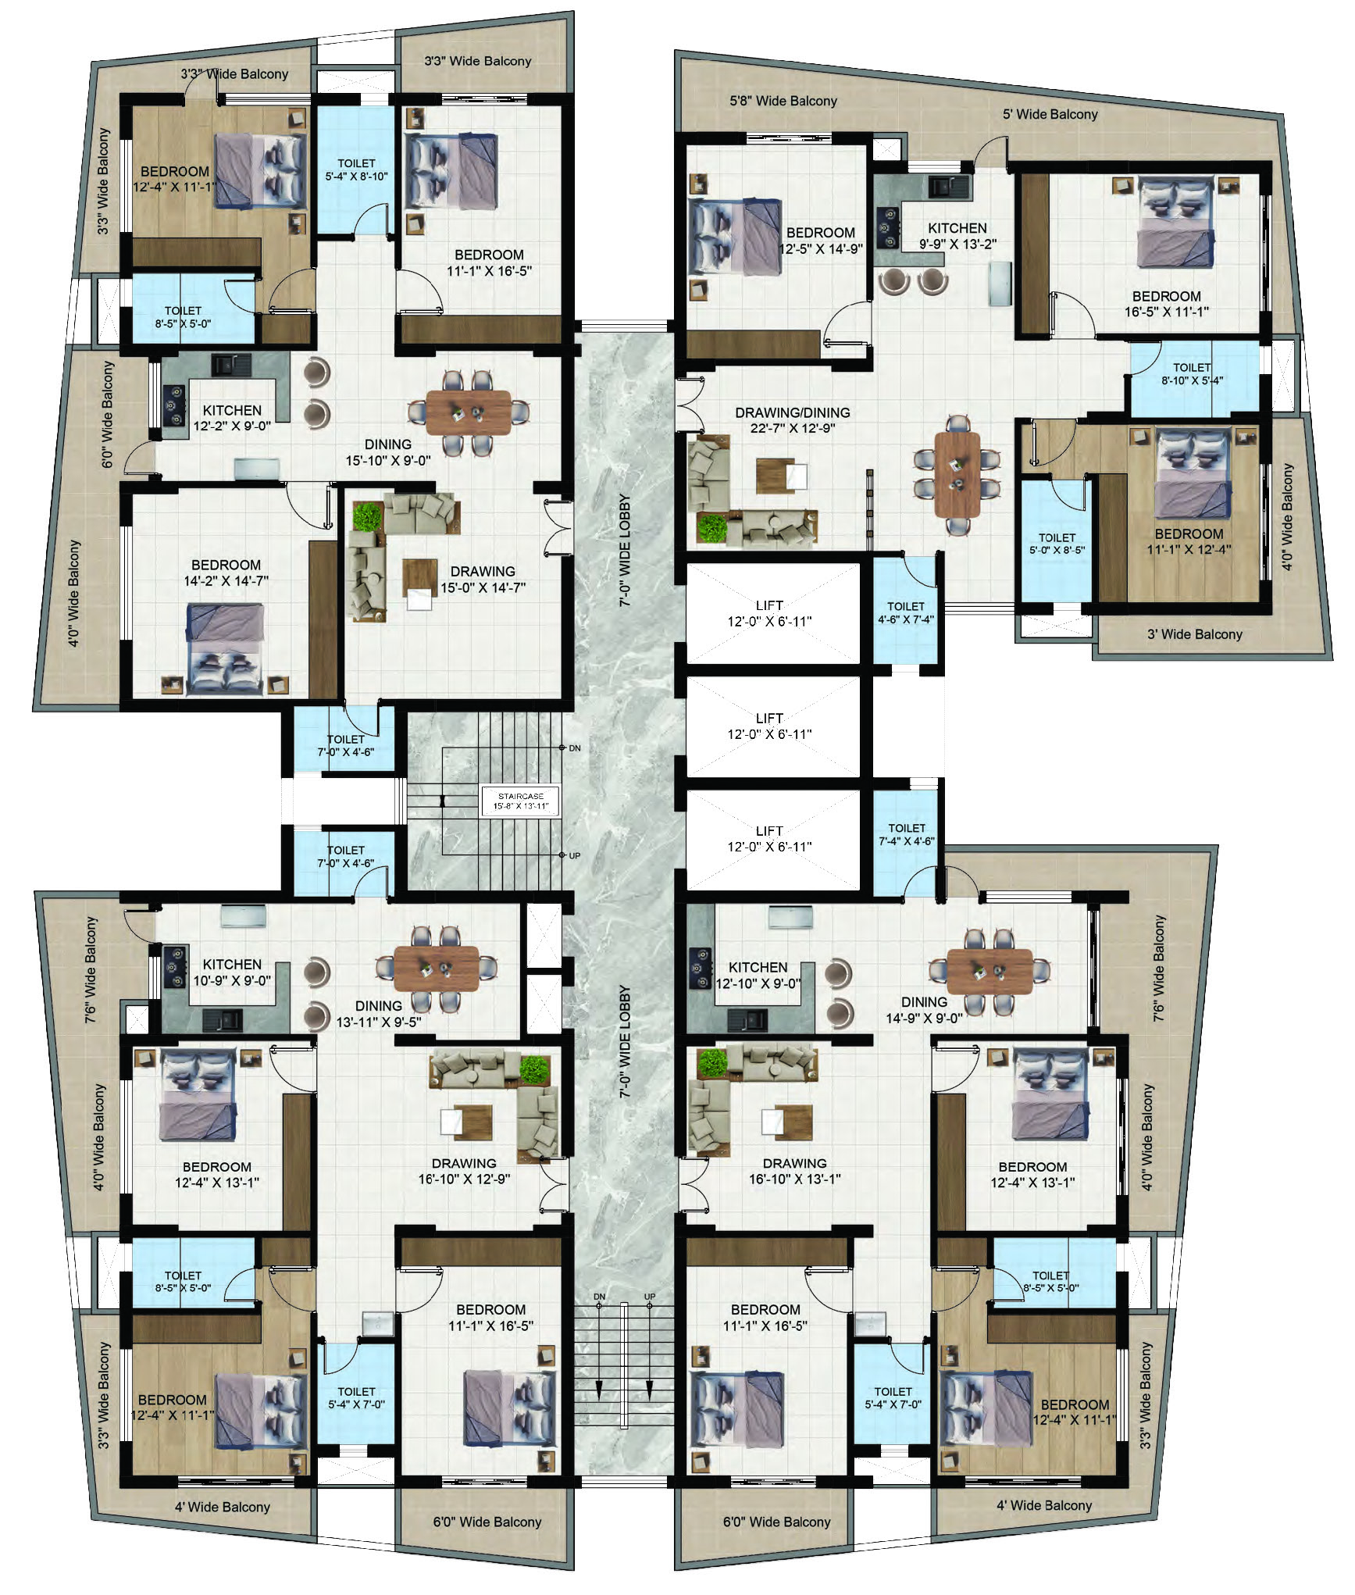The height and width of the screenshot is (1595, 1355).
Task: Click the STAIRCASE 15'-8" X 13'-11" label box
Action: point(521,801)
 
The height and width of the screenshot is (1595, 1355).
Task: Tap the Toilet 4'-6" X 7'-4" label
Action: point(906,613)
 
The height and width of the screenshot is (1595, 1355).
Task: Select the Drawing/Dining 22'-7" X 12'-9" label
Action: point(793,420)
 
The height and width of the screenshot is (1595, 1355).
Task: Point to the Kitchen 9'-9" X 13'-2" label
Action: point(957,235)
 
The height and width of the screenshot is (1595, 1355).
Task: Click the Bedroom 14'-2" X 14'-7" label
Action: point(226,573)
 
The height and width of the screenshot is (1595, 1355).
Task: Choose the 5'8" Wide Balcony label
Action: point(783,101)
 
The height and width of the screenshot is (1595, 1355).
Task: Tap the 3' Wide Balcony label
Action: point(1195,634)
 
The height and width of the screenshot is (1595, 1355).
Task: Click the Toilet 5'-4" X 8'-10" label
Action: point(356,170)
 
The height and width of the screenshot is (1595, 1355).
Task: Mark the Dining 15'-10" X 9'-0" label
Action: point(388,452)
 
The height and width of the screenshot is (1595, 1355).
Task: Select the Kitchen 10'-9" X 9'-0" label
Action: point(232,972)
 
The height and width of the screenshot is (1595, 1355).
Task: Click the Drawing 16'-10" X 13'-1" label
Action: point(795,1172)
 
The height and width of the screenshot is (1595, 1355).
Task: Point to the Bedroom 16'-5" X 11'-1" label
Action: point(1167,304)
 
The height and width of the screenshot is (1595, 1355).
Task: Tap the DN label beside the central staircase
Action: point(575,748)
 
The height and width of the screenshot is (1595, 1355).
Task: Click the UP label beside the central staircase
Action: point(575,856)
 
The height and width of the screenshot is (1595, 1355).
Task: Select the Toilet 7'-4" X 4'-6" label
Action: point(907,834)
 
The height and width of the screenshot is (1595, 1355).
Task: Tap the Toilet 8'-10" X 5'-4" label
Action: point(1192,374)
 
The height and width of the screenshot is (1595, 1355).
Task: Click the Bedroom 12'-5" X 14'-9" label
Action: point(821,241)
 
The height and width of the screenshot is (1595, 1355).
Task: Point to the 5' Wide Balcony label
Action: point(1050,114)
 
